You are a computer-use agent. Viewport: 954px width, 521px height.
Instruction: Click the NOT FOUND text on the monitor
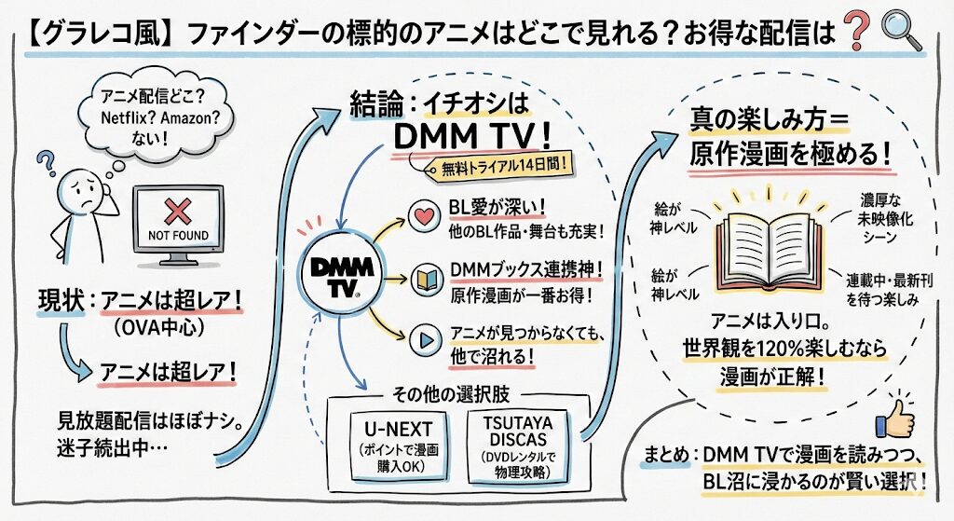point(178,235)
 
